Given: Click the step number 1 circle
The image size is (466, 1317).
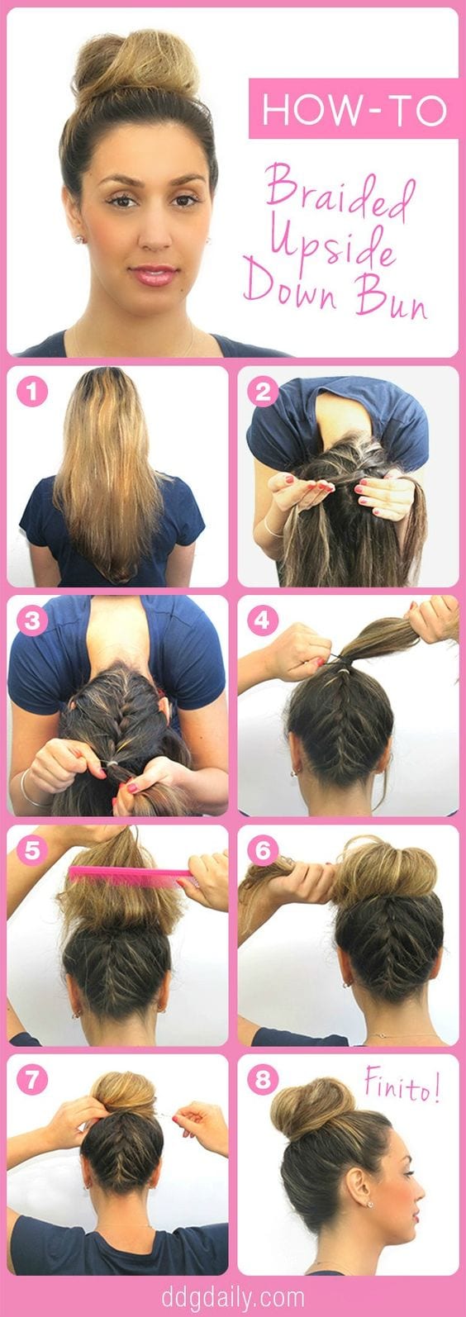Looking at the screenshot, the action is click(x=31, y=392).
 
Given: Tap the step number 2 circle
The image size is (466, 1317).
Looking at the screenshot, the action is click(x=263, y=392).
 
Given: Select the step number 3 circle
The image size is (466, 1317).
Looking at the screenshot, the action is click(x=31, y=620).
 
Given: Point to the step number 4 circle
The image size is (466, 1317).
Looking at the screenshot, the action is click(x=263, y=620).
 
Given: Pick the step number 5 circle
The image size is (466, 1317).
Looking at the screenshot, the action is click(x=31, y=850).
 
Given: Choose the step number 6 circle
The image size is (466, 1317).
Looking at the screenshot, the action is click(x=263, y=850).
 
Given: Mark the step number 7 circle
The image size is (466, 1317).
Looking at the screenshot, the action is click(x=31, y=1079).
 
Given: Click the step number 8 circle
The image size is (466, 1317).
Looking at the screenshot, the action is click(x=263, y=1079).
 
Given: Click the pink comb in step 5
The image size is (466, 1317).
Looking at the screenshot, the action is click(x=133, y=876).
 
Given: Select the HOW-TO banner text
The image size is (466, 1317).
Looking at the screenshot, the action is click(x=354, y=109).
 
